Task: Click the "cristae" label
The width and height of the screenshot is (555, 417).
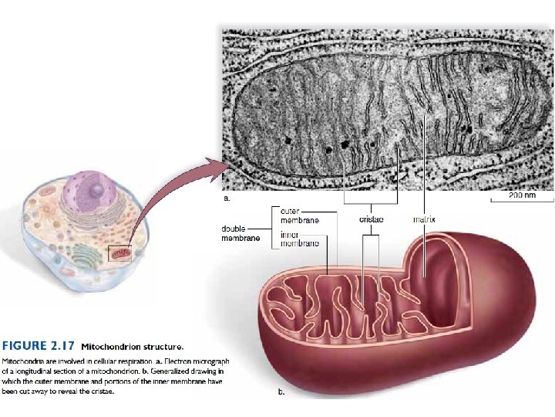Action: (x=372, y=219)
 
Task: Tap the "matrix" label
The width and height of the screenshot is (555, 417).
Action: (x=424, y=219)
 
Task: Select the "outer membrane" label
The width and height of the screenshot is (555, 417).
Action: (x=300, y=215)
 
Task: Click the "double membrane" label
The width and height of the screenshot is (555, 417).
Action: (x=240, y=233)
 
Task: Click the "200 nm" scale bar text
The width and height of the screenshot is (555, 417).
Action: (x=522, y=195)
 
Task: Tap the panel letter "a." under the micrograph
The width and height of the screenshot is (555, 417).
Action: (x=227, y=198)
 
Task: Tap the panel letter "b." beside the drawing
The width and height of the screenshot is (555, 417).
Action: (x=281, y=392)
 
